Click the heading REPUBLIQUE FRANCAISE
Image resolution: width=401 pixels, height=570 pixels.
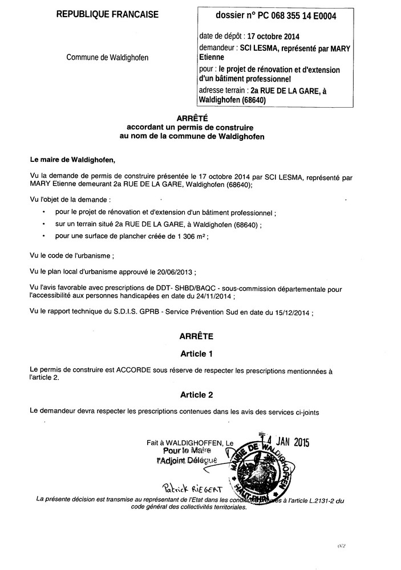[107, 15]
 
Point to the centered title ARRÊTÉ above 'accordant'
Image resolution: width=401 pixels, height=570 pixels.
[196, 118]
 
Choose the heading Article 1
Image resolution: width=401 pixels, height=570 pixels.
[197, 354]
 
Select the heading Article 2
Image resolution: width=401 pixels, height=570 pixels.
[197, 394]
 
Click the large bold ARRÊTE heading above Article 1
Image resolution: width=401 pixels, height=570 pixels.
[197, 337]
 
